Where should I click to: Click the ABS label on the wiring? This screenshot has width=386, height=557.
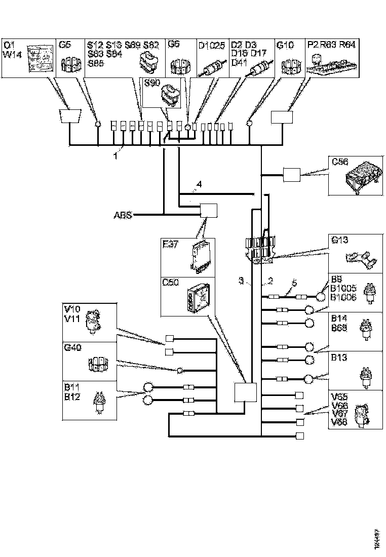[x=123, y=215]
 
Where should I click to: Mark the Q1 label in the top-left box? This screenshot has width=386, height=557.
[x=9, y=45]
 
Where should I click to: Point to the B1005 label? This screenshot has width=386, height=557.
[x=343, y=288]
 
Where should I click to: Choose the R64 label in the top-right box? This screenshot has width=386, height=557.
[x=347, y=45]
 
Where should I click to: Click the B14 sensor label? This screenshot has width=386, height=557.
[x=338, y=319]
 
